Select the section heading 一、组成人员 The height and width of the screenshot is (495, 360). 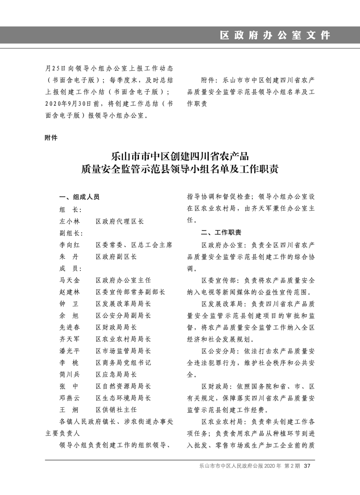tap(79, 198)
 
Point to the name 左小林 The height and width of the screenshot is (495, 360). tap(69, 221)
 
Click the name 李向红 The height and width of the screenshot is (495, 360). tap(69, 245)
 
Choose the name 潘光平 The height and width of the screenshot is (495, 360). tap(69, 351)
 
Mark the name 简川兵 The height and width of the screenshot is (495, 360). tap(69, 375)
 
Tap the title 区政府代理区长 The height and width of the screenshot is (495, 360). tap(119, 221)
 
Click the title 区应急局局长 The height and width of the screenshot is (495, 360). tap(116, 375)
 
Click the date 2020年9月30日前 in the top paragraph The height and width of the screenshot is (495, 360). tap(73, 104)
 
